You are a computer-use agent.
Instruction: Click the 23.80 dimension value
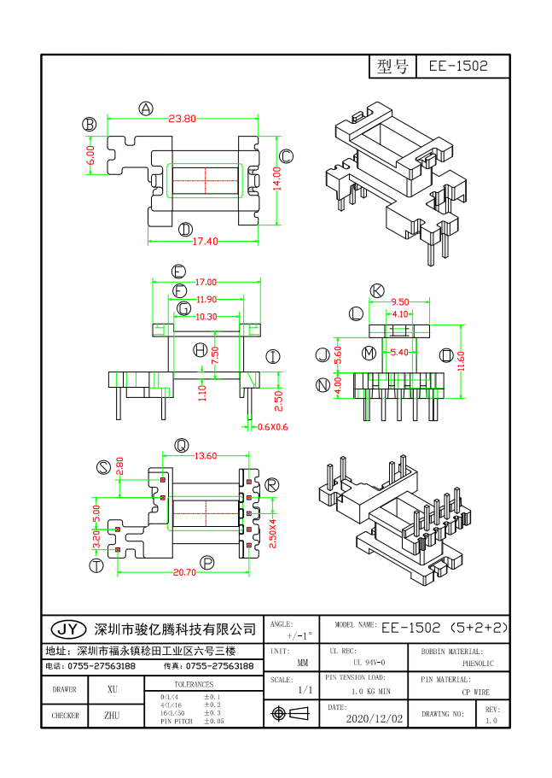(183, 119)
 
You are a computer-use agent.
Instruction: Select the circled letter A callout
(146, 108)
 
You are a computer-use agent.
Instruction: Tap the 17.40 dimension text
(205, 242)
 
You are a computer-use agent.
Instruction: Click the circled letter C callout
(287, 155)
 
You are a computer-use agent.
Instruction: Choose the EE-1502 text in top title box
(458, 67)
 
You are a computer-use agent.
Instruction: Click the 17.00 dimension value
(206, 282)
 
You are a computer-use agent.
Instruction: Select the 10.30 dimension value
(206, 317)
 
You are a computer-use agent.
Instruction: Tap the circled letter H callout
(200, 350)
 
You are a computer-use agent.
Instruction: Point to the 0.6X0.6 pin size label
(273, 427)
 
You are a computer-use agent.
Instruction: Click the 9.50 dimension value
(401, 301)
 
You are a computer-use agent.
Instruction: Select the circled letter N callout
(322, 385)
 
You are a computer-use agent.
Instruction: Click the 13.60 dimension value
(206, 456)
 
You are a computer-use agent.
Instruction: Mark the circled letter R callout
(271, 485)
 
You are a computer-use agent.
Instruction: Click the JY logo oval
(68, 629)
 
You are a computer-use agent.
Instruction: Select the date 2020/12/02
(374, 719)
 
